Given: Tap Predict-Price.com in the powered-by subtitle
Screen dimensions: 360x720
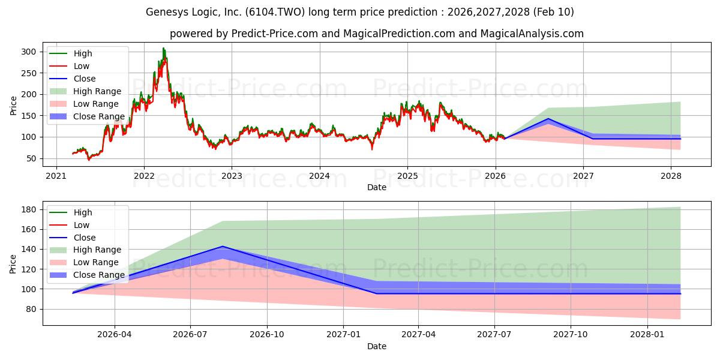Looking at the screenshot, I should coord(275,34).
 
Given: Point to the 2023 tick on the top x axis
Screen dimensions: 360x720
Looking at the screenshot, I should coord(232,176).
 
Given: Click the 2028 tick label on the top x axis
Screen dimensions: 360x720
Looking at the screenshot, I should coord(671,176).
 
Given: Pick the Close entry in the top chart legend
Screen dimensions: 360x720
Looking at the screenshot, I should coord(84,79).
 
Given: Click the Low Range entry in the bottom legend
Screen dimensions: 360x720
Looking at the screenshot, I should coord(96,262).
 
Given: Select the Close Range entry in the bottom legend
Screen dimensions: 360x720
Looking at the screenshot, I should coord(99,275).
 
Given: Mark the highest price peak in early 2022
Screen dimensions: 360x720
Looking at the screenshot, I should coord(163,49).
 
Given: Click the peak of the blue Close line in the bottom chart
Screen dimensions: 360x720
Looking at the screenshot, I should coord(223,247).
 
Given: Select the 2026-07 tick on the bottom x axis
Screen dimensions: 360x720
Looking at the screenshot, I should coord(190,334).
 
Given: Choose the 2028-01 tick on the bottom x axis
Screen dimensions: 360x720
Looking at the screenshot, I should coord(648,334).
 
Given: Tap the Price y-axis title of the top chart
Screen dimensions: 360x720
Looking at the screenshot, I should coord(13,105).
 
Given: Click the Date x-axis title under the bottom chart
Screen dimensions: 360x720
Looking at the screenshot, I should coord(376,346).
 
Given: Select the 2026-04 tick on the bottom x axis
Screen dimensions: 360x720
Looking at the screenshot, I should coord(114,334).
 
